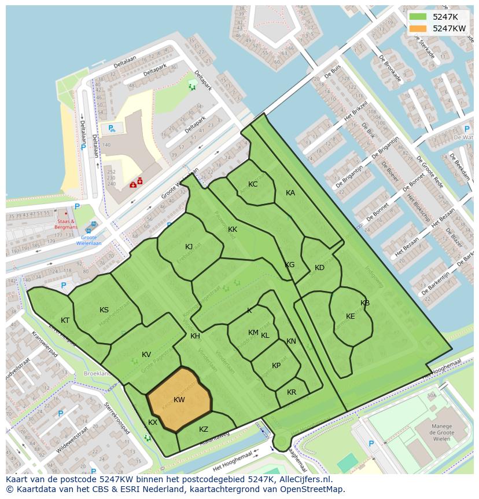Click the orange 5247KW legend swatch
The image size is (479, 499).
click(x=418, y=28)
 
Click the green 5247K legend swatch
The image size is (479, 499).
click(x=418, y=17)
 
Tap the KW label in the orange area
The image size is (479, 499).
click(x=179, y=400)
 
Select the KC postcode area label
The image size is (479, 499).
click(x=253, y=184)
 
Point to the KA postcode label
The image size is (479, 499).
click(x=290, y=193)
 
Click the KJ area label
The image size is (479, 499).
click(x=189, y=247)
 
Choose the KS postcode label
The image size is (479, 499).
click(x=104, y=310)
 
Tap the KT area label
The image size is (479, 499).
click(x=65, y=320)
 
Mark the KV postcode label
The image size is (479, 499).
click(x=146, y=355)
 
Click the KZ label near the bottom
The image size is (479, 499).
click(x=204, y=429)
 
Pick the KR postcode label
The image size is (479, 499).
click(x=292, y=392)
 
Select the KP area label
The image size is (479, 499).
click(x=277, y=366)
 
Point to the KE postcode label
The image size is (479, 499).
click(x=351, y=316)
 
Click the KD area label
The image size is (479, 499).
click(x=319, y=268)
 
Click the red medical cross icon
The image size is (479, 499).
click(x=140, y=181)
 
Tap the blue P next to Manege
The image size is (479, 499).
click(x=371, y=444)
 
